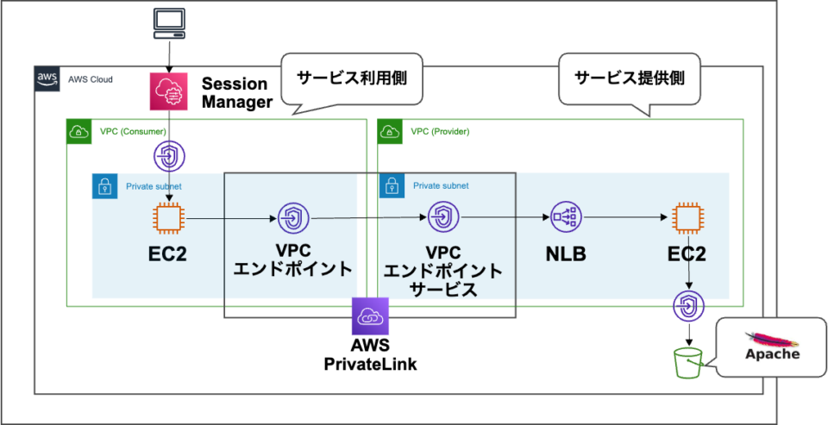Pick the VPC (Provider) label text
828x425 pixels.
(x=440, y=132)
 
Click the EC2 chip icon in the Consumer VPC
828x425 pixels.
(x=167, y=218)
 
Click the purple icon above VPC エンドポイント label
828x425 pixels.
(x=292, y=219)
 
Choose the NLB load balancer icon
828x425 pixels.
(x=566, y=218)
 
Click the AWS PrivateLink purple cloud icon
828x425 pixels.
(x=370, y=316)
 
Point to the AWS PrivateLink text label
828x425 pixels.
(x=370, y=355)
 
